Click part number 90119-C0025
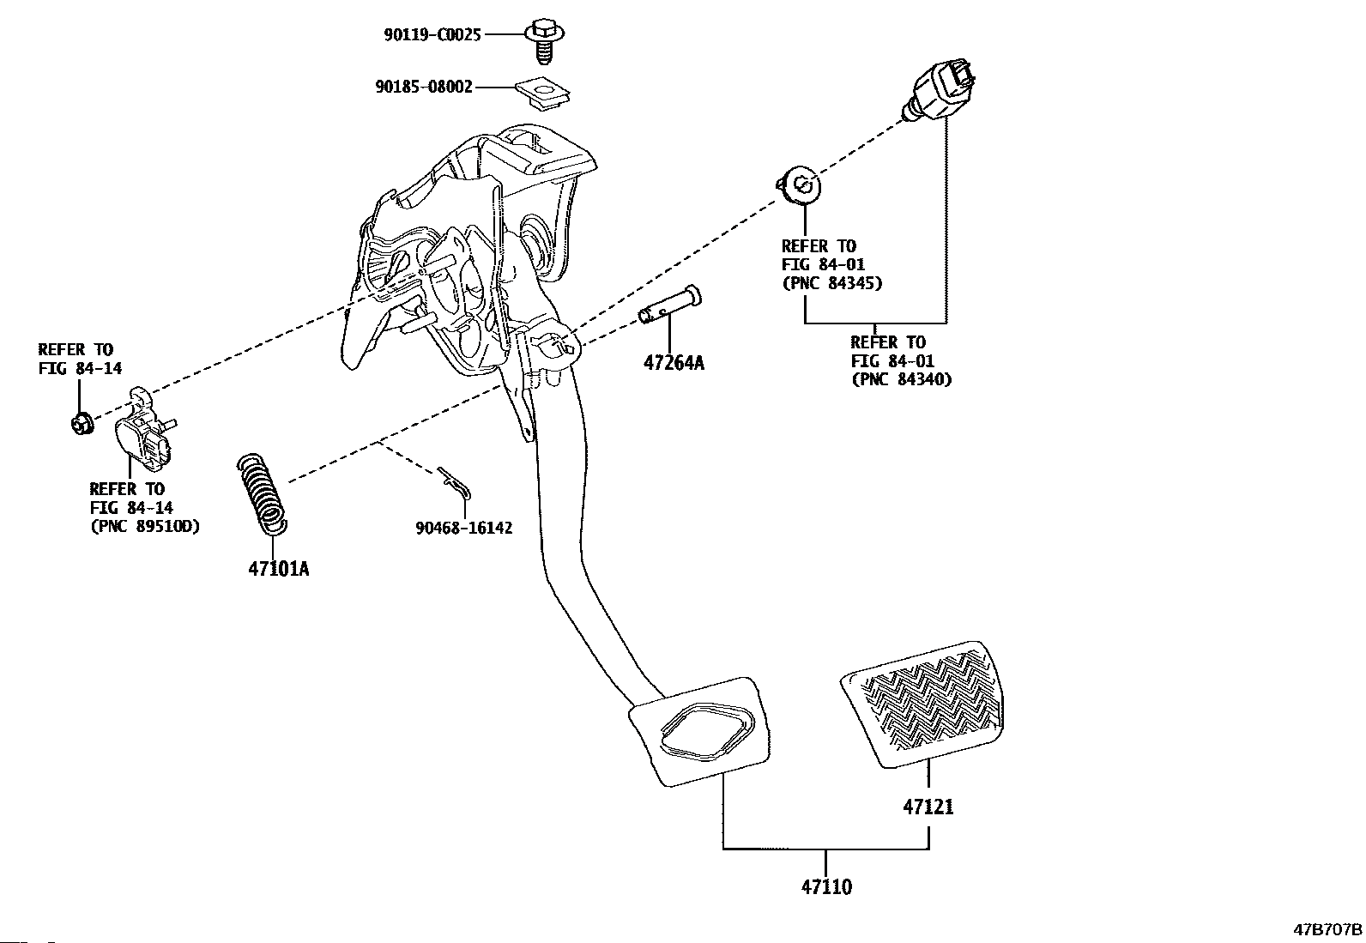coord(432,34)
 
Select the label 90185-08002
coord(424,87)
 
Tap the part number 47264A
coord(674,362)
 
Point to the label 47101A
coord(279,568)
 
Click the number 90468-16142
coord(464,528)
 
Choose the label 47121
coord(928,807)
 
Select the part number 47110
coord(827,886)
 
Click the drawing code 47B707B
coord(1328,929)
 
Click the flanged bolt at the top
coord(543,39)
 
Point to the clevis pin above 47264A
coord(670,306)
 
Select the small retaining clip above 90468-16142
coord(455,483)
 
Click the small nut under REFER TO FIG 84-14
coord(82,422)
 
